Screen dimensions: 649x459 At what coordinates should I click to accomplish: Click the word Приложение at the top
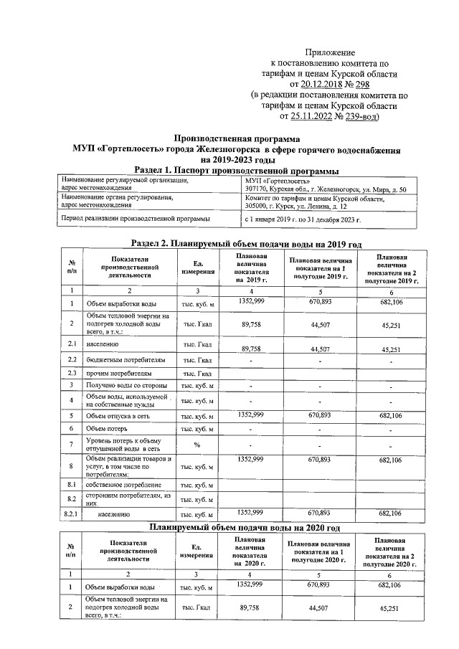(x=330, y=53)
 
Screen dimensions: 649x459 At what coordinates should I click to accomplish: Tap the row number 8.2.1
(x=72, y=514)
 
